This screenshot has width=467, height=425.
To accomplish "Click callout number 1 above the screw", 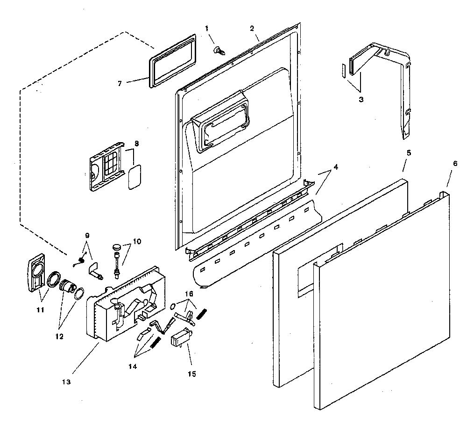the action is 207,29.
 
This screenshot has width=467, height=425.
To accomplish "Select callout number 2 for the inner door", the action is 252,29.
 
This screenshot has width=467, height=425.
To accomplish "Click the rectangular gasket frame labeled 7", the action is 172,61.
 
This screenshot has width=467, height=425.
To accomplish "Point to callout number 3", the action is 361,100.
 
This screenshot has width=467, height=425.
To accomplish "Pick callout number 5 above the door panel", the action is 409,153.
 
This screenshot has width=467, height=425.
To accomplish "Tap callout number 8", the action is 136,144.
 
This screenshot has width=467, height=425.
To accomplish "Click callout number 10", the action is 137,241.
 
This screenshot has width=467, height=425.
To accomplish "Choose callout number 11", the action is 40,310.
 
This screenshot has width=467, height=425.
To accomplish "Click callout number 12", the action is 59,337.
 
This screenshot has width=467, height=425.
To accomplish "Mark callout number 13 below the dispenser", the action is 66,382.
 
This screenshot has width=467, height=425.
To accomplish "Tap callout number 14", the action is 133,367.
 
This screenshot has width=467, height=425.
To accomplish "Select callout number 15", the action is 192,374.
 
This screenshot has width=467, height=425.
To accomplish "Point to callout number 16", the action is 189,294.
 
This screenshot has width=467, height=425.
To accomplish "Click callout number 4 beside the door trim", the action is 336,167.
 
